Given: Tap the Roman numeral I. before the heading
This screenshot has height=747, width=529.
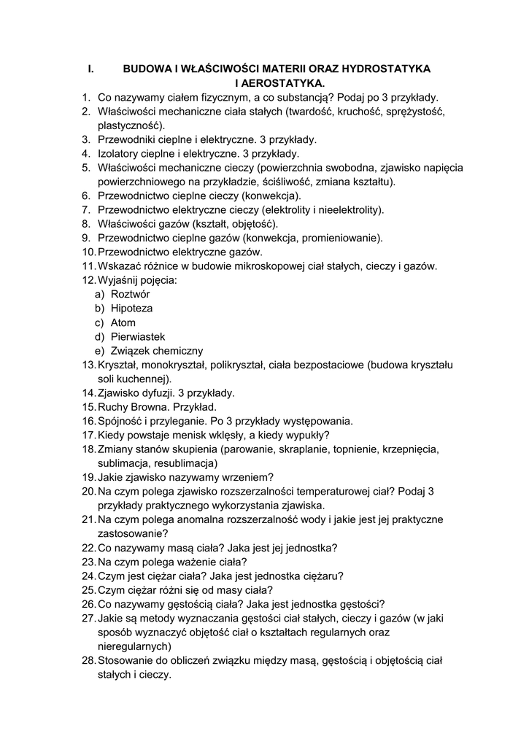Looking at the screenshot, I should (x=90, y=69).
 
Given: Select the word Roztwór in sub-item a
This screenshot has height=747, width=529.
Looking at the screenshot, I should (x=131, y=293).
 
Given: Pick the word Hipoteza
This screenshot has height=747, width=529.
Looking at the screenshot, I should (x=132, y=308).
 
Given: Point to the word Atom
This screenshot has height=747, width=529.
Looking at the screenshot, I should (x=123, y=322).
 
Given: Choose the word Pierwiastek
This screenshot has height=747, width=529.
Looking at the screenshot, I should (x=139, y=336).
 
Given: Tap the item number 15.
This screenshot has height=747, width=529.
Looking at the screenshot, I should (x=88, y=406).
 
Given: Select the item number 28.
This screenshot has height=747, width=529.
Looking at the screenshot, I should (x=88, y=660).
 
